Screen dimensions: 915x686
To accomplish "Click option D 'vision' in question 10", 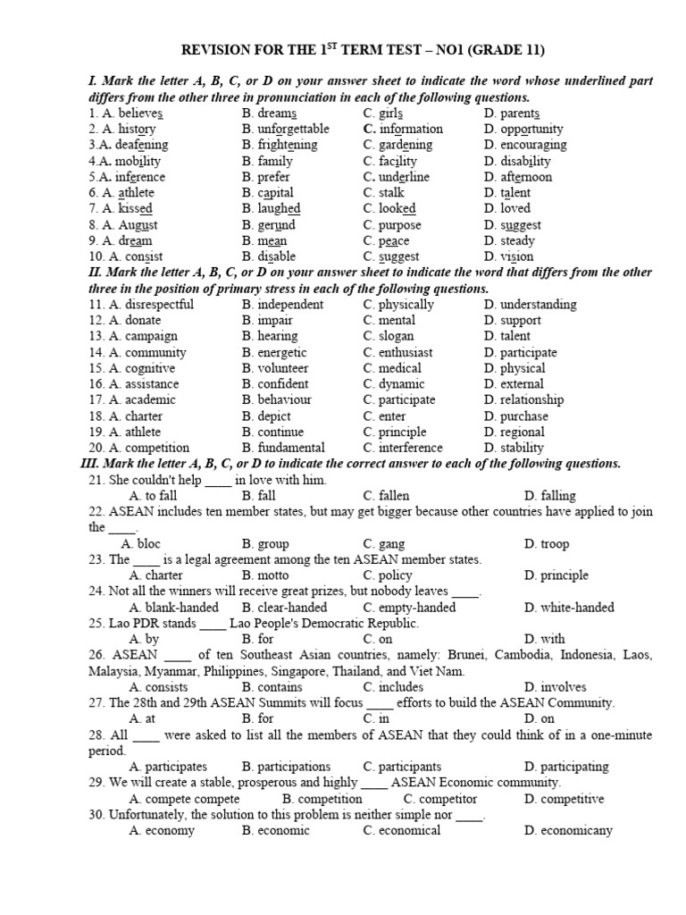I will pyautogui.click(x=515, y=257).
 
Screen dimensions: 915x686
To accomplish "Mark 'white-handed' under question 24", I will pyautogui.click(x=576, y=608).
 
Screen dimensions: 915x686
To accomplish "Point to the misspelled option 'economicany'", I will pyautogui.click(x=575, y=830).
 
